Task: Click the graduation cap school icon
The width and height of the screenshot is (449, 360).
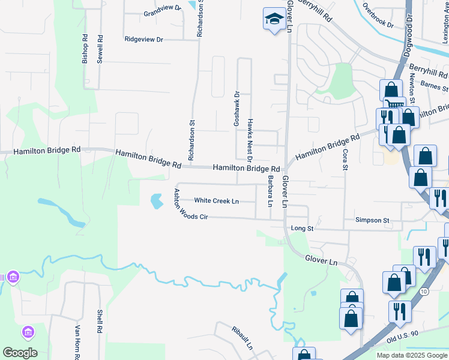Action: tap(274, 19)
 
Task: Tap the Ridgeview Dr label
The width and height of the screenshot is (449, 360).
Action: tap(143, 40)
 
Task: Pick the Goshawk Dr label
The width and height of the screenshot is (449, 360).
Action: tap(237, 109)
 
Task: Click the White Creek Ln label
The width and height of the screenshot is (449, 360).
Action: tap(216, 201)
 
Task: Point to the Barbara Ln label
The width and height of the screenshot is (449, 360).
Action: tap(271, 191)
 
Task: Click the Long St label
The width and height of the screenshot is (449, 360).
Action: tap(302, 229)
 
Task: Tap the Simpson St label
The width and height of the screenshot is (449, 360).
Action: tap(372, 220)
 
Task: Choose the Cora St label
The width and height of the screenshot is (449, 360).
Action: tap(345, 160)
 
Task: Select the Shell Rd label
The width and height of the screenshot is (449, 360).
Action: tap(100, 322)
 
